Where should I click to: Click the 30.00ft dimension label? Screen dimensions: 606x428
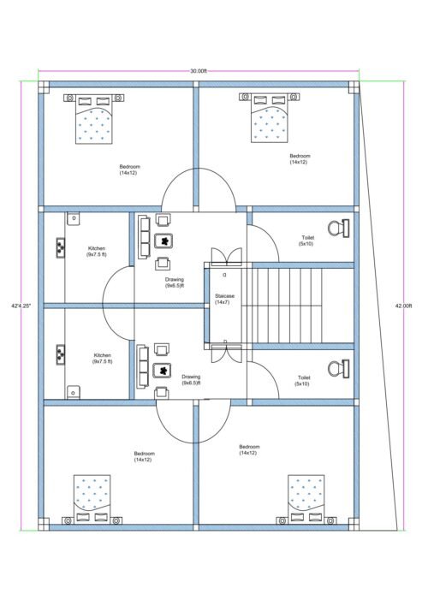pyautogui.click(x=198, y=71)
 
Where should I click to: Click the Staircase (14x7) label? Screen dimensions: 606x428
pyautogui.click(x=226, y=300)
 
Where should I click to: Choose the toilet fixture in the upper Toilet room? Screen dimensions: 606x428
pyautogui.click(x=345, y=228)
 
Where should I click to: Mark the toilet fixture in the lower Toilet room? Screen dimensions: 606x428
pyautogui.click(x=345, y=369)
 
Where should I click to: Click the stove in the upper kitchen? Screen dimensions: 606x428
pyautogui.click(x=62, y=247)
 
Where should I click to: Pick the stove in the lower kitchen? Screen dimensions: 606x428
pyautogui.click(x=62, y=352)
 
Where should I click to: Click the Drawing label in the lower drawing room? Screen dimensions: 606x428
pyautogui.click(x=190, y=380)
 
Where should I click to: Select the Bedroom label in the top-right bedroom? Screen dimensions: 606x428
pyautogui.click(x=299, y=159)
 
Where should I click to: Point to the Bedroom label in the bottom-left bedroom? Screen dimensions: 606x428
pyautogui.click(x=144, y=456)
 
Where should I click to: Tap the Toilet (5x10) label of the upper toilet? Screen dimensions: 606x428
pyautogui.click(x=306, y=241)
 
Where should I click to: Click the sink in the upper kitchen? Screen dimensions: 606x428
pyautogui.click(x=74, y=219)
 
